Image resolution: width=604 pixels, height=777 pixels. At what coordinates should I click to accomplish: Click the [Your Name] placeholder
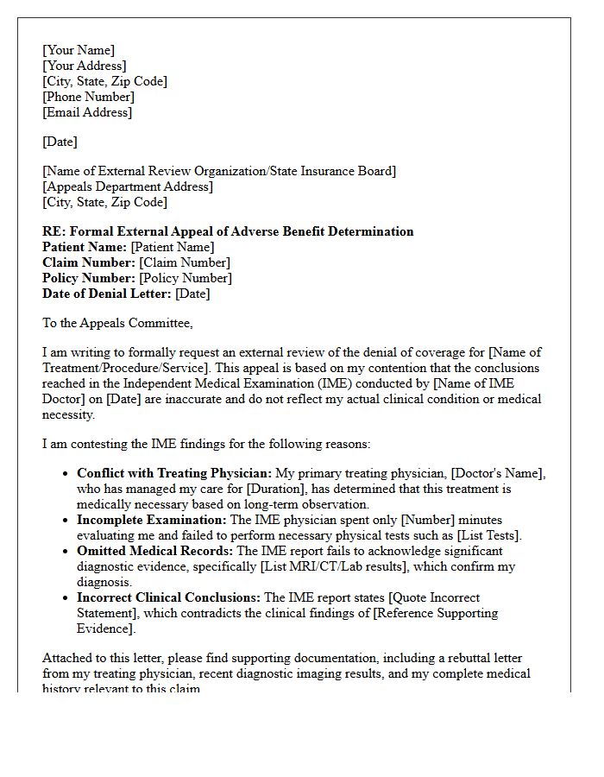pos(79,50)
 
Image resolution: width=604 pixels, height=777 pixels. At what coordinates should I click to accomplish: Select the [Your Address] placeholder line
pos(85,66)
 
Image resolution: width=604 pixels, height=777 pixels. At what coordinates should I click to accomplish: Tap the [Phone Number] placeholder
pos(88,97)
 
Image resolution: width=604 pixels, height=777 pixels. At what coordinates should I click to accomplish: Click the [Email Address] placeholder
pos(87,112)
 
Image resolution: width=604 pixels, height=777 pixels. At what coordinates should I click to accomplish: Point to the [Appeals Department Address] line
pos(128,186)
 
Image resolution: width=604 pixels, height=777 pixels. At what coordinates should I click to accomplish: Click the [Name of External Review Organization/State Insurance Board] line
pos(219,171)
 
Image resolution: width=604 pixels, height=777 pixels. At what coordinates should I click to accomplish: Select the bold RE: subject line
pos(228,231)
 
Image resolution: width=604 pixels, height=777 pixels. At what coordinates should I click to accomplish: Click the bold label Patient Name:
pos(85,247)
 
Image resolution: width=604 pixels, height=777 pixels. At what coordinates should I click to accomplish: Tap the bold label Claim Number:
pos(89,262)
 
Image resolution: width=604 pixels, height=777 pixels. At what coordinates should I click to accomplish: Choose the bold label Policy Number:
pos(90,278)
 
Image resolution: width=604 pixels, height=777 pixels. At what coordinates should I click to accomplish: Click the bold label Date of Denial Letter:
pos(107,294)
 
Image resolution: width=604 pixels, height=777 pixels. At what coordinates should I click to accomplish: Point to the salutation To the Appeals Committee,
pos(118,323)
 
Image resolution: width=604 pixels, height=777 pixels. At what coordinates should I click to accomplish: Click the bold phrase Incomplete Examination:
pos(152,520)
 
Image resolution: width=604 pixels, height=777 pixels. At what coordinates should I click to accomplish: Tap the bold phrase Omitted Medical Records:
pos(155,551)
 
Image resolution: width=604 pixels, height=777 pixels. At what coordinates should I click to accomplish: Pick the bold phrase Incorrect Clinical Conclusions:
pos(169,597)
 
